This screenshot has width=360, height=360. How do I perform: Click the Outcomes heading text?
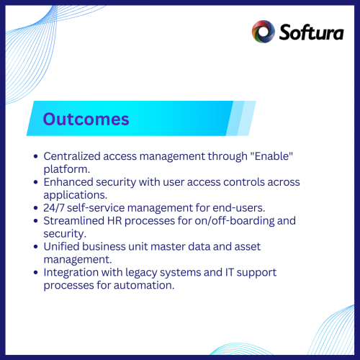coord(86,119)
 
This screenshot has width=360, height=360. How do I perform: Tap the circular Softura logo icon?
coord(263,32)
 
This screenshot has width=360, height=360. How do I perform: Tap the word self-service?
coord(101,208)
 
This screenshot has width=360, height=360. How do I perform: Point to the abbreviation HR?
coord(127,220)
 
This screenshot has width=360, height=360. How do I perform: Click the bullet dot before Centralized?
coord(36,156)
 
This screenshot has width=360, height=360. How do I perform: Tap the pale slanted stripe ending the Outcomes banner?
coord(243,118)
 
